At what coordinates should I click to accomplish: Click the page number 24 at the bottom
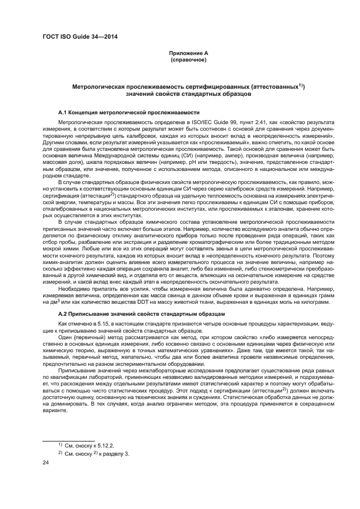(x=46, y=463)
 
